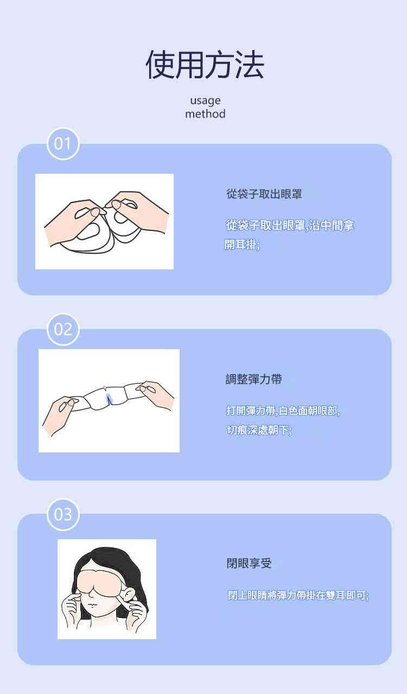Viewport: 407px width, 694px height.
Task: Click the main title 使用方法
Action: (205, 65)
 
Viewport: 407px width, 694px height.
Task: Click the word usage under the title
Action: (205, 100)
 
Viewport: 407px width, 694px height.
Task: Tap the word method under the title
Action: (205, 113)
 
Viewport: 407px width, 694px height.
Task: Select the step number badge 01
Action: (63, 144)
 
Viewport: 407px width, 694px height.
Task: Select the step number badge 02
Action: (63, 329)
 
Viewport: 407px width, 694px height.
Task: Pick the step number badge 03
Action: (63, 514)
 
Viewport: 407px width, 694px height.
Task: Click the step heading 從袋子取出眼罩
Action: (264, 194)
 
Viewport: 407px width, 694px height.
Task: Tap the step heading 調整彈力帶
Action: (254, 379)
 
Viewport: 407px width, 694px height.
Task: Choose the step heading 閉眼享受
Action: (249, 563)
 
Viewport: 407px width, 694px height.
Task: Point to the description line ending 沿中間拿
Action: (290, 225)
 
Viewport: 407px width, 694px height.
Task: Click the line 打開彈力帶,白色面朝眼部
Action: (283, 411)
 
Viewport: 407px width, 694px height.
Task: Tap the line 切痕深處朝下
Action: (259, 430)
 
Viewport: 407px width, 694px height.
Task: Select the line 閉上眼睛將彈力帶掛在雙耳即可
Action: (298, 595)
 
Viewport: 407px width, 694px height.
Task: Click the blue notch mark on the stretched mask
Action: (109, 399)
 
